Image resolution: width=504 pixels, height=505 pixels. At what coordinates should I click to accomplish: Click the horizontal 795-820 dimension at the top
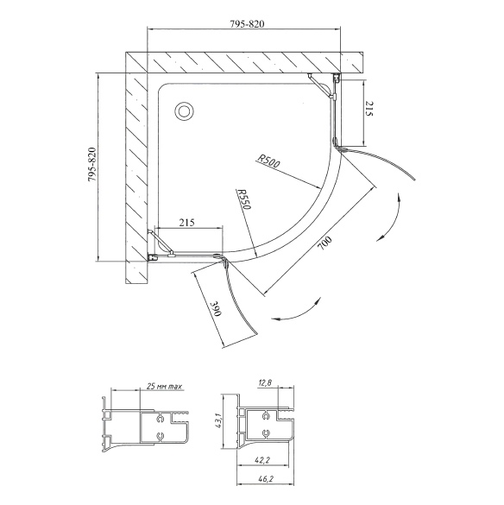247,24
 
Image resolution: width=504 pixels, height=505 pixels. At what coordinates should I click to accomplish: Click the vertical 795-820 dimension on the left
92,165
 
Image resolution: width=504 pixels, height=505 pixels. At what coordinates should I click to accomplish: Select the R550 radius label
243,199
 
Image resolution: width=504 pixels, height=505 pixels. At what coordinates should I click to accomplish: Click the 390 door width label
216,309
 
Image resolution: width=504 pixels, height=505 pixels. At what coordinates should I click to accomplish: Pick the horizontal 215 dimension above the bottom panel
187,222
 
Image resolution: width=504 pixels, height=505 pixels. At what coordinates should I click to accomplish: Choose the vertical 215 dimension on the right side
369,109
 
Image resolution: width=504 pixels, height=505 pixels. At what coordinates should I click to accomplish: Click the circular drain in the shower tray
184,111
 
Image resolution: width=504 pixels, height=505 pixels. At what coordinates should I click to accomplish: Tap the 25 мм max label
164,386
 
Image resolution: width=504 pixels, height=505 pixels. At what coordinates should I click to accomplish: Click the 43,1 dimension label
218,421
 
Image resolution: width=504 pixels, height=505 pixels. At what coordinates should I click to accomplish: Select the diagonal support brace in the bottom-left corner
161,242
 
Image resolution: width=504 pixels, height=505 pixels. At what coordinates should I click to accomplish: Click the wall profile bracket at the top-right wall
337,78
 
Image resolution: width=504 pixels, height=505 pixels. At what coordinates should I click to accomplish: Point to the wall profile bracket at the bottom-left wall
153,257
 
